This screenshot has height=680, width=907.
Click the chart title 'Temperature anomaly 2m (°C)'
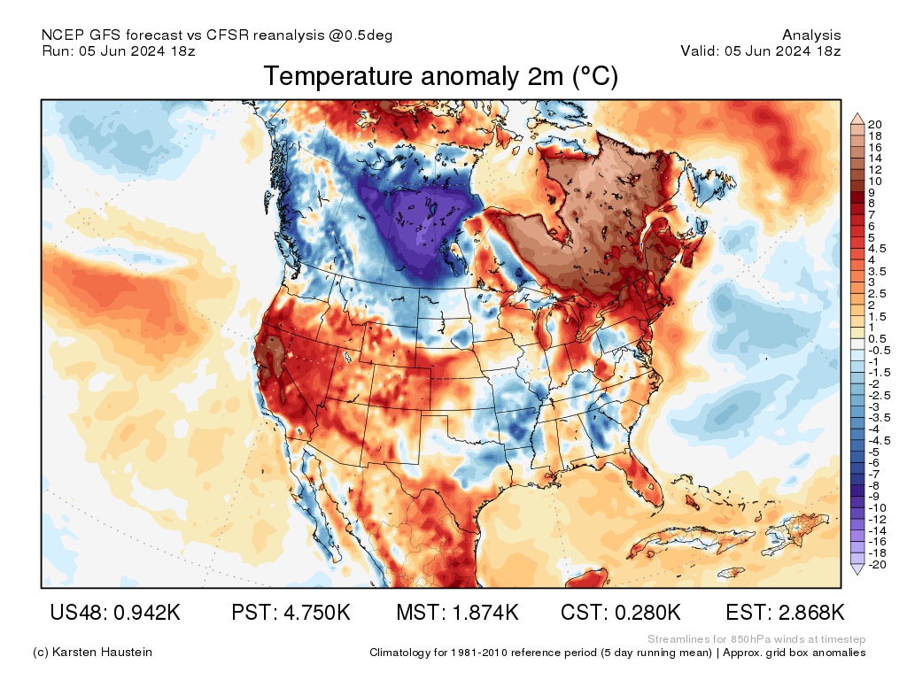pos(440,77)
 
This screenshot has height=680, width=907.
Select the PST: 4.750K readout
pos(291,613)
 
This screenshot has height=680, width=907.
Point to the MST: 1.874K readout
pos(457,613)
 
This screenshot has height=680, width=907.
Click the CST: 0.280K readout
pos(620,613)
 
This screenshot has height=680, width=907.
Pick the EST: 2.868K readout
pos(785,613)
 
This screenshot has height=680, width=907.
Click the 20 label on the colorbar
pos(875,124)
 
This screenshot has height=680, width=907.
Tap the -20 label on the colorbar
pos(877,564)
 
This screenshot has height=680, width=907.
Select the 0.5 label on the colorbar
pos(877,339)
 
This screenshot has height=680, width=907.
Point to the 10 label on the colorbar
pos(875,181)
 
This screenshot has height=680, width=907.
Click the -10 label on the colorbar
pos(877,507)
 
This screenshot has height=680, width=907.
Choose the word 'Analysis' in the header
pos(811,35)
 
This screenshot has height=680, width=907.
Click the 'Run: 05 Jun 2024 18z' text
pos(119,50)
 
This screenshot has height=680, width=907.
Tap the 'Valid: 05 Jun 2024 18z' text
pos(760,50)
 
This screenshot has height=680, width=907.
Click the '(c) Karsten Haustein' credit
pos(92,653)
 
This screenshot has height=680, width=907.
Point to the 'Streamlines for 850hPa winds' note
pos(756,639)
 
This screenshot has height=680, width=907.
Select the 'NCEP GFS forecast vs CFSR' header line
pos(217,35)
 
